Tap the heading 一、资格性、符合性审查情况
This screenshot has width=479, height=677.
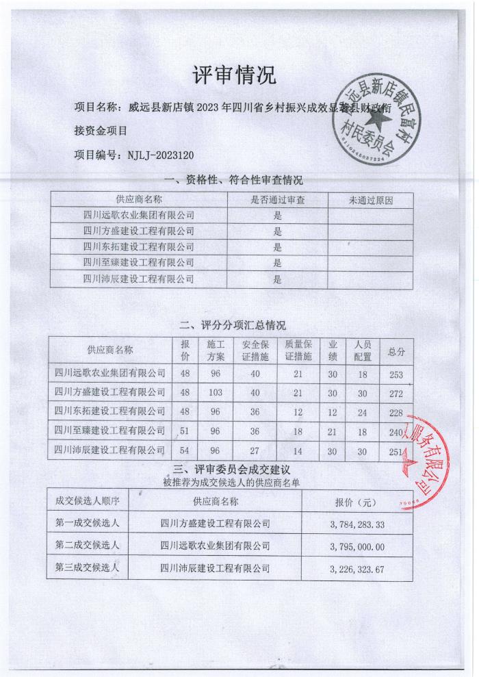pos(234,181)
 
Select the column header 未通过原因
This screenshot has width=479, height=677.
pos(371,200)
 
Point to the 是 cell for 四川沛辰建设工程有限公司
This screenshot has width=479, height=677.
pos(277,279)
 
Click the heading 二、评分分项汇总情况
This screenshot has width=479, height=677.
pos(233,324)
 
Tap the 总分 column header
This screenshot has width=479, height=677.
pos(396,352)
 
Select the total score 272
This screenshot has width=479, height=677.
pos(396,392)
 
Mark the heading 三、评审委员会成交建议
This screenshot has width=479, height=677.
pos(232,470)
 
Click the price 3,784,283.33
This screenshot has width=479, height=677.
pos(357,524)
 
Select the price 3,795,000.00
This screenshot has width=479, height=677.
pos(357,546)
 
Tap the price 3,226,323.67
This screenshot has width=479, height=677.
pos(357,567)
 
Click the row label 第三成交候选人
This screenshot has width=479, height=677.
pos(87,567)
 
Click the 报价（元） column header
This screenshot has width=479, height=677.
pos(357,502)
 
